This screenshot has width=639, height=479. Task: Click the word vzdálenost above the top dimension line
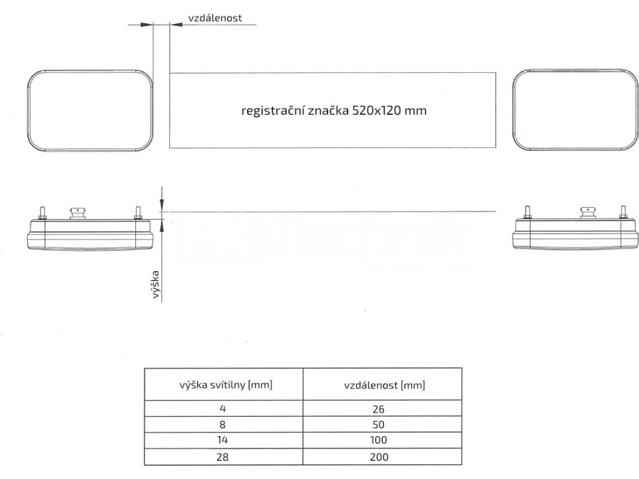click(x=215, y=18)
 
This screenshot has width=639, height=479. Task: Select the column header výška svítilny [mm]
click(x=223, y=385)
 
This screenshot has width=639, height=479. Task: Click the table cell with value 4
click(x=223, y=409)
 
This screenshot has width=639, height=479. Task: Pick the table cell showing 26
click(x=382, y=409)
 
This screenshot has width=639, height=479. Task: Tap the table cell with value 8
click(x=223, y=425)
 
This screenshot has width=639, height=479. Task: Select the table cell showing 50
click(x=382, y=425)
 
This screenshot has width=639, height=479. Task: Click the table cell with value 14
click(x=223, y=440)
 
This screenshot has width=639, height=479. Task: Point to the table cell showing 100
click(x=382, y=440)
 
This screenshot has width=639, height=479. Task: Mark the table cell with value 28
click(x=223, y=457)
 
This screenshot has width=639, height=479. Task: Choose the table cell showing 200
click(x=382, y=457)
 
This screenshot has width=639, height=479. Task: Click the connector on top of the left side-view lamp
click(x=79, y=213)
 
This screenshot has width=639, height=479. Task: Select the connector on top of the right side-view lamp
click(x=588, y=213)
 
